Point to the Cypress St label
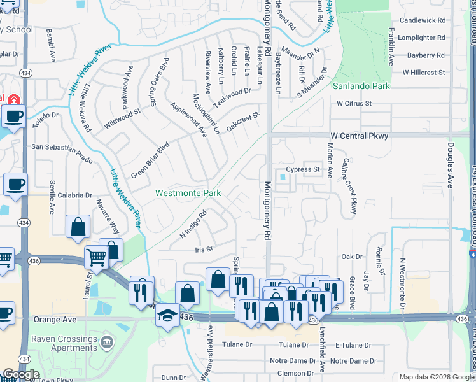point(302,169)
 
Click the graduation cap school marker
point(167,317)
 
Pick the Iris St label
point(204,250)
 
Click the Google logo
point(21,374)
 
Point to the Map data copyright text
point(437,377)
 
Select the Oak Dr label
point(352,257)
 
